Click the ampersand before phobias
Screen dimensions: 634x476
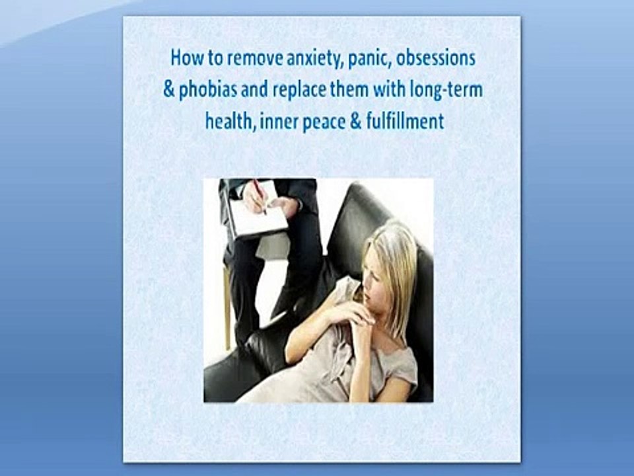tap(168, 89)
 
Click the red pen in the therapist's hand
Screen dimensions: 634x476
tap(260, 197)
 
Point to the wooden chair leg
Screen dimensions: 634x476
tap(227, 307)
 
